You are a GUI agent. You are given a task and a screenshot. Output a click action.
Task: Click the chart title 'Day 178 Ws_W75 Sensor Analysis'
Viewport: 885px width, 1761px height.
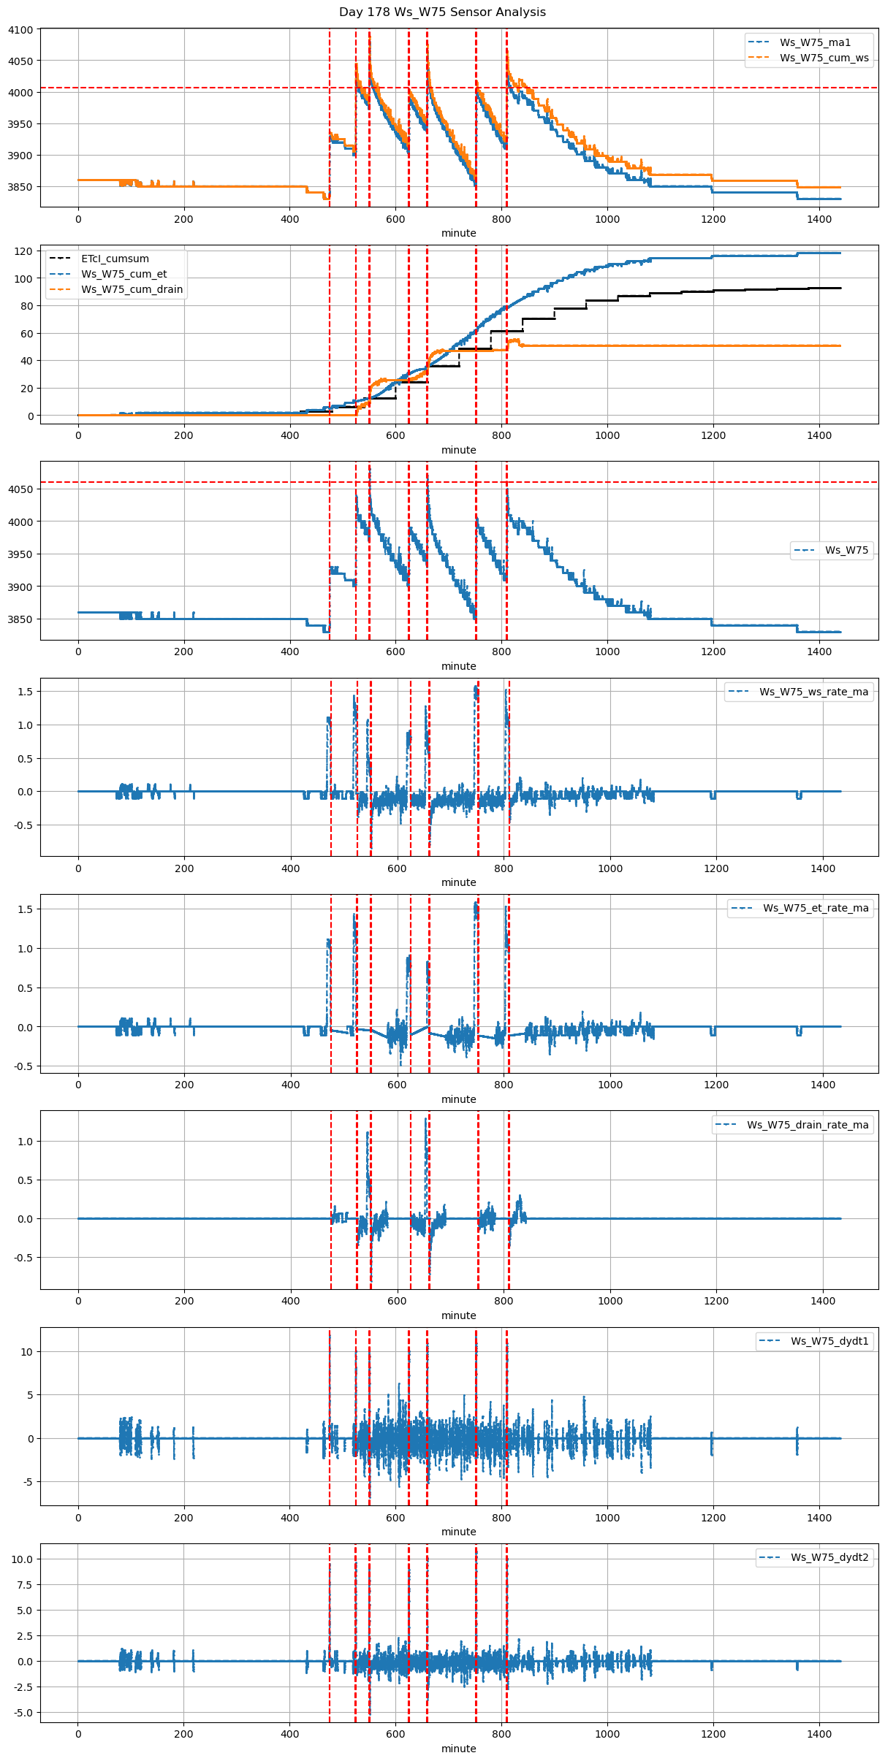pyautogui.click(x=442, y=12)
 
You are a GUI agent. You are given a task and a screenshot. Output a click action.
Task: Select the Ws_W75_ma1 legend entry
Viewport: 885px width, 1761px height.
pyautogui.click(x=815, y=42)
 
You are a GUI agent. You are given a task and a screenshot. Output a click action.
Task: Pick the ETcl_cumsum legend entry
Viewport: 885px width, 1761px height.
pyautogui.click(x=115, y=259)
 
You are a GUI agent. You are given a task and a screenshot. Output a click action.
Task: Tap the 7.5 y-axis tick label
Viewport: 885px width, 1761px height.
pyautogui.click(x=25, y=1585)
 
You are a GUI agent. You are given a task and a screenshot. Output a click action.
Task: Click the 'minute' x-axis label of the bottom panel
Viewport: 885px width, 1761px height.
pyautogui.click(x=458, y=1749)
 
